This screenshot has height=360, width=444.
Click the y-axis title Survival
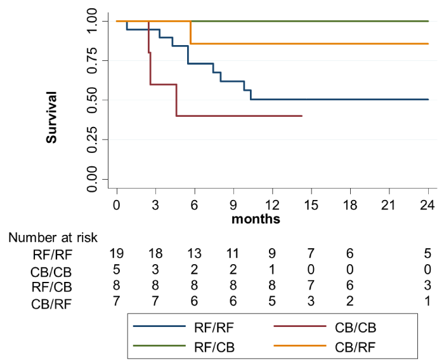tap(51, 117)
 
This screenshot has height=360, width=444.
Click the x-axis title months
tap(256, 219)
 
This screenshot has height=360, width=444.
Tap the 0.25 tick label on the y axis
tap(93, 140)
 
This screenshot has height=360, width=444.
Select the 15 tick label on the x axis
tap(311, 204)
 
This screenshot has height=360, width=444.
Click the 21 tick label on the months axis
tap(389, 204)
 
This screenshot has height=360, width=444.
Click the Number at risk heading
tap(53, 237)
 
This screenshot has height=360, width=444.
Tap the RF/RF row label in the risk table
tap(53, 255)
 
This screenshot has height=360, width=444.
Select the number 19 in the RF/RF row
tap(116, 253)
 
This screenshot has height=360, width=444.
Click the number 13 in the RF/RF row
tap(194, 253)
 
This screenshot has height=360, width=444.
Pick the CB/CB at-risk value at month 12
tap(272, 269)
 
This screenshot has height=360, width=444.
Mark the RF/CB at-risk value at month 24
tap(428, 285)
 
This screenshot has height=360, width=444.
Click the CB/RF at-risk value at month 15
tap(311, 301)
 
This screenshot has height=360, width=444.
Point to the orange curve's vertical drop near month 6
tap(191, 32)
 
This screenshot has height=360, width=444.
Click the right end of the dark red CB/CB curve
tap(302, 116)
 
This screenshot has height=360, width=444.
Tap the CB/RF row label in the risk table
tap(51, 304)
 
